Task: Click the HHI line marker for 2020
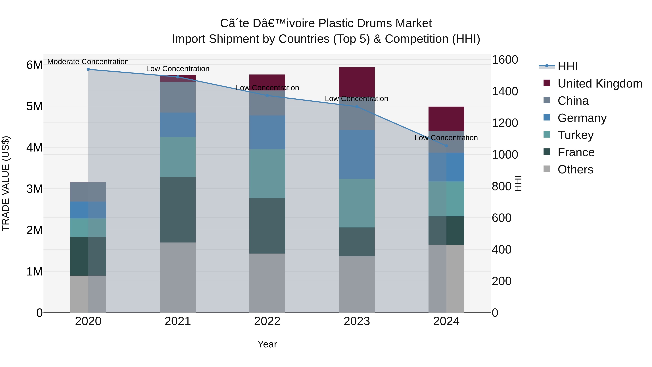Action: [88, 69]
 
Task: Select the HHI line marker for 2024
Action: [446, 146]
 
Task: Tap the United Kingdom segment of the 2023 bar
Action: [357, 82]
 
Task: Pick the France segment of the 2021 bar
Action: [178, 210]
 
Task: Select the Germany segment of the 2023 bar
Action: [357, 154]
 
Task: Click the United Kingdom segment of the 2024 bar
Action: [446, 119]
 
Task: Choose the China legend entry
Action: [573, 101]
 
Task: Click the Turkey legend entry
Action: [575, 135]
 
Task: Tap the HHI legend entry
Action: [567, 66]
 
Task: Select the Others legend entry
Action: [575, 169]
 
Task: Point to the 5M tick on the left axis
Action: [34, 106]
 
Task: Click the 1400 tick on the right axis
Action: [505, 92]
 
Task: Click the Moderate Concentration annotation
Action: [88, 62]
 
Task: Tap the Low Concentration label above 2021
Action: [178, 69]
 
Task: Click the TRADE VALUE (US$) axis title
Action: [6, 183]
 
